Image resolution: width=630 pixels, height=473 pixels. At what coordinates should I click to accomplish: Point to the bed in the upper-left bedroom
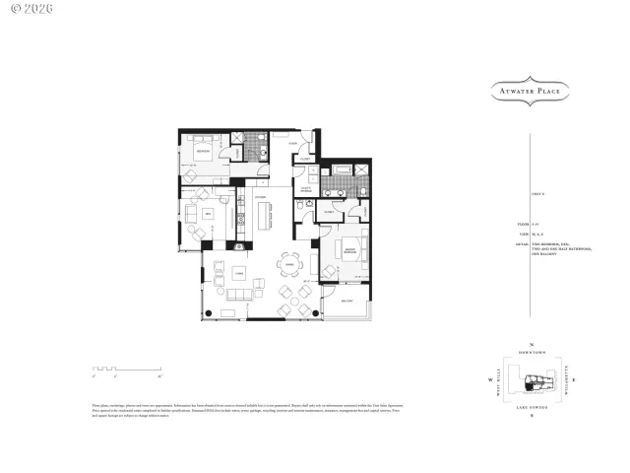[205, 151]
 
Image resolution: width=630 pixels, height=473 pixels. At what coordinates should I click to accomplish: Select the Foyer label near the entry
[292, 145]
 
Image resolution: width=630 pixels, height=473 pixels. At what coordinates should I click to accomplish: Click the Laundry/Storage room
[306, 189]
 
